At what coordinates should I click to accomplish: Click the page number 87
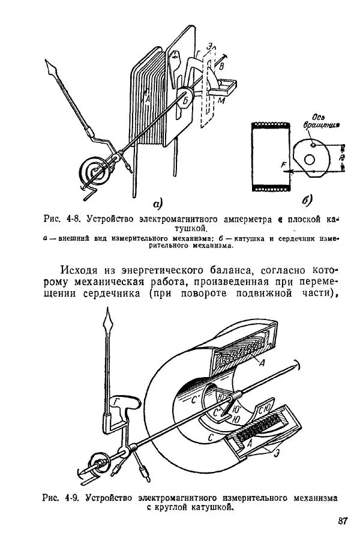click(x=343, y=521)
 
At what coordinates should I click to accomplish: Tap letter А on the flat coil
click(x=147, y=98)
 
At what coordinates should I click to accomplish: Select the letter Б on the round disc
click(x=185, y=100)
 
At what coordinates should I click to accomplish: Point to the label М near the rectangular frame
click(x=221, y=101)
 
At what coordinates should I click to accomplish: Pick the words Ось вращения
click(x=321, y=121)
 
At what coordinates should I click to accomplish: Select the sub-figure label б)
click(x=307, y=200)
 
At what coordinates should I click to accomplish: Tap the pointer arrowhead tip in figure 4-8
click(x=46, y=60)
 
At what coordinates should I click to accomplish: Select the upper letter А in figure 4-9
click(x=262, y=363)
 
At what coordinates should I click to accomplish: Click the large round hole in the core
click(x=310, y=159)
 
